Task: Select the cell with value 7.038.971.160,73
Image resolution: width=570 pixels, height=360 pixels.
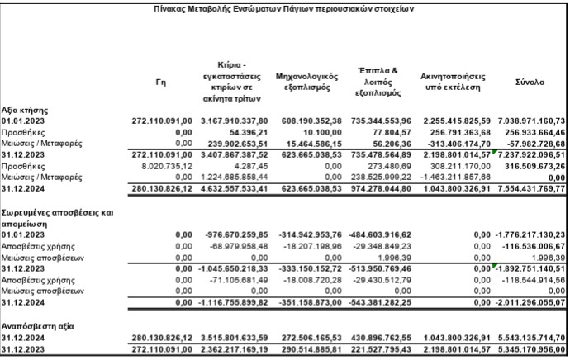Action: [x=532, y=121]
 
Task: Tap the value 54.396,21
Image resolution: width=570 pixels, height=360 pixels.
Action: [x=247, y=132]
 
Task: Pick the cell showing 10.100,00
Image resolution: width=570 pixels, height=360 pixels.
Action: [x=324, y=132]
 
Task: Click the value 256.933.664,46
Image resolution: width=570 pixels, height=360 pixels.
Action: [x=534, y=132]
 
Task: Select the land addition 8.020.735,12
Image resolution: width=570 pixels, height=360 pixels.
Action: [x=169, y=165]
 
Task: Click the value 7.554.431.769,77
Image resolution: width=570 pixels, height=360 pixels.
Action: [x=532, y=188]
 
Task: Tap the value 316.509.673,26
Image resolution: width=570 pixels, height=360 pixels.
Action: [x=534, y=165]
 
